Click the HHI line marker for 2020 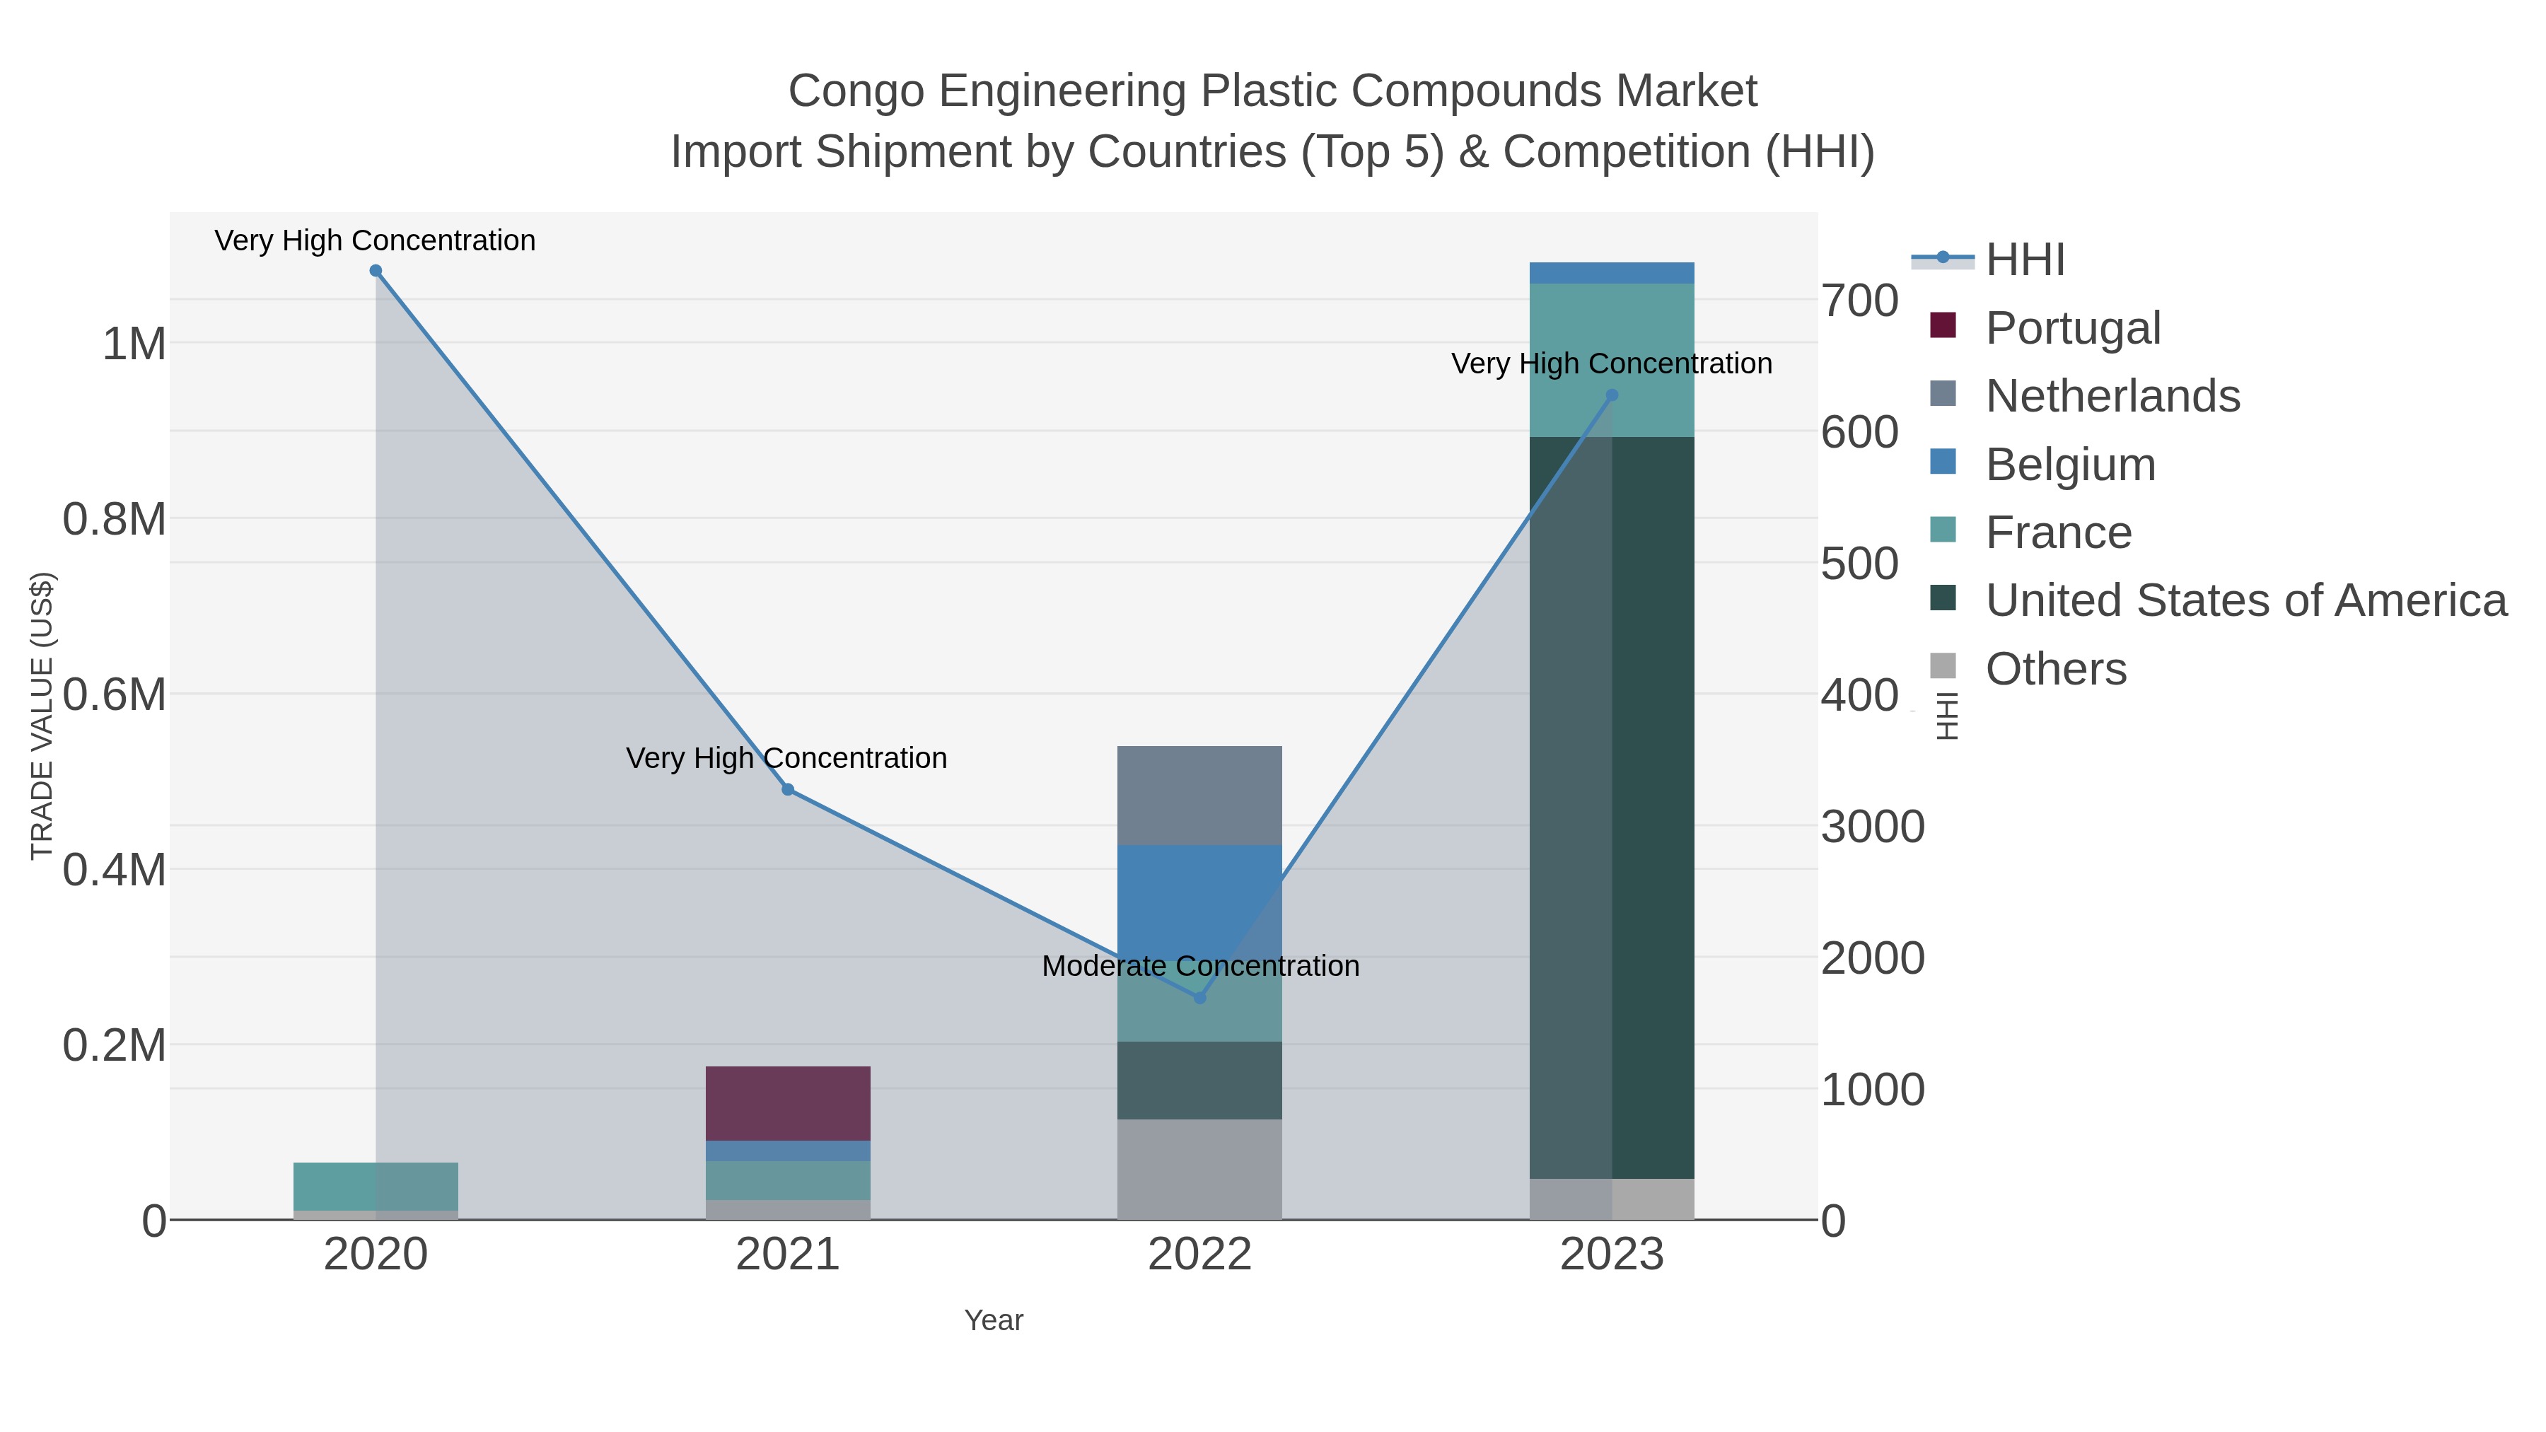(376, 271)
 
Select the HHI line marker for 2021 (788, 790)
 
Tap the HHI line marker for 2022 (1200, 998)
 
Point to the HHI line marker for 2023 (1612, 395)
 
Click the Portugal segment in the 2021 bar (788, 1103)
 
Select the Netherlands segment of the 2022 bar (1200, 796)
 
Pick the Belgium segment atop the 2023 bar (1612, 273)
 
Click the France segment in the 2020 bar (376, 1186)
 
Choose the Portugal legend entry (2073, 328)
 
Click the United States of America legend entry (2245, 601)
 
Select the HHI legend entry (2025, 260)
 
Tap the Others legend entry (2056, 669)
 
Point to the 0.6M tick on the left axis (115, 694)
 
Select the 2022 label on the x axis (1200, 1255)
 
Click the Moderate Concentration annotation (1200, 965)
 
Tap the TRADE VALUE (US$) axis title (42, 716)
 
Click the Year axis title (994, 1320)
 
